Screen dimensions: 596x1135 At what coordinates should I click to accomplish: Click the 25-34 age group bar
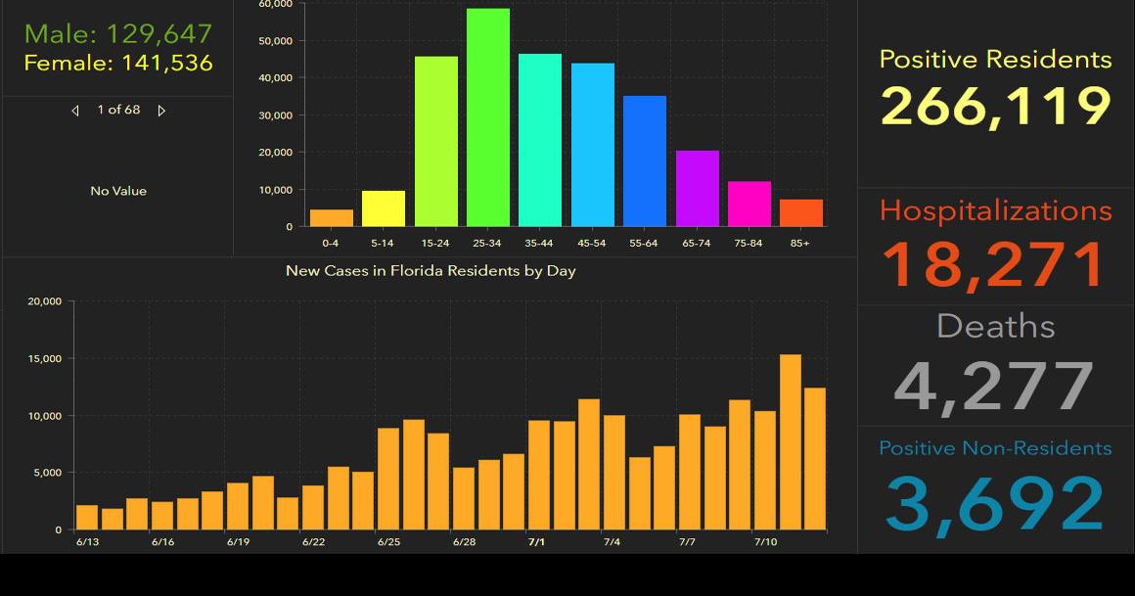click(488, 117)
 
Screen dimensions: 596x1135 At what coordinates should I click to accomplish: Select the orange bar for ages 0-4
click(332, 217)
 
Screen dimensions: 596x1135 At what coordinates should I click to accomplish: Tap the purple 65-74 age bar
click(697, 188)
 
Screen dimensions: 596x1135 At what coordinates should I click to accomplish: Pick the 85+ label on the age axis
click(800, 243)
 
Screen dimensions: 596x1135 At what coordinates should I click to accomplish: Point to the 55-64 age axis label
click(644, 243)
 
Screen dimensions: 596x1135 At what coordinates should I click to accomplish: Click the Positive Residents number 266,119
click(996, 106)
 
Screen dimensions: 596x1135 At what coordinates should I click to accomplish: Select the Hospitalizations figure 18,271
click(996, 263)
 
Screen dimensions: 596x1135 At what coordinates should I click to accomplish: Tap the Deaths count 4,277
click(994, 385)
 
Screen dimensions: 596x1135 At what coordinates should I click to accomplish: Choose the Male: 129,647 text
click(118, 33)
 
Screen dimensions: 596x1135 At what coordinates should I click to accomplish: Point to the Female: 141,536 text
click(118, 64)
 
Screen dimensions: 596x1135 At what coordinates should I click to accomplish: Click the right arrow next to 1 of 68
click(161, 111)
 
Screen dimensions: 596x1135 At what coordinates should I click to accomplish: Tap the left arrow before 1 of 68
click(75, 111)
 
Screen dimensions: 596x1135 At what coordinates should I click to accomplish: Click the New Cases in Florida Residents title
click(431, 270)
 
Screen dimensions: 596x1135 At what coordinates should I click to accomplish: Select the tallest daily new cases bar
click(791, 441)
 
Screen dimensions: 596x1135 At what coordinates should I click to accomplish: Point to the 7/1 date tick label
click(536, 541)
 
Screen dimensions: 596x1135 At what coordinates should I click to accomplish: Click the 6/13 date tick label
click(86, 541)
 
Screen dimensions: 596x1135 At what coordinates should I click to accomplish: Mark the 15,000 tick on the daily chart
click(46, 359)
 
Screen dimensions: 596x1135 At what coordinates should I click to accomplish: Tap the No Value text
click(118, 191)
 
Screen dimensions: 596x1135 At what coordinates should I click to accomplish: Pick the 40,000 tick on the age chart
click(276, 77)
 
